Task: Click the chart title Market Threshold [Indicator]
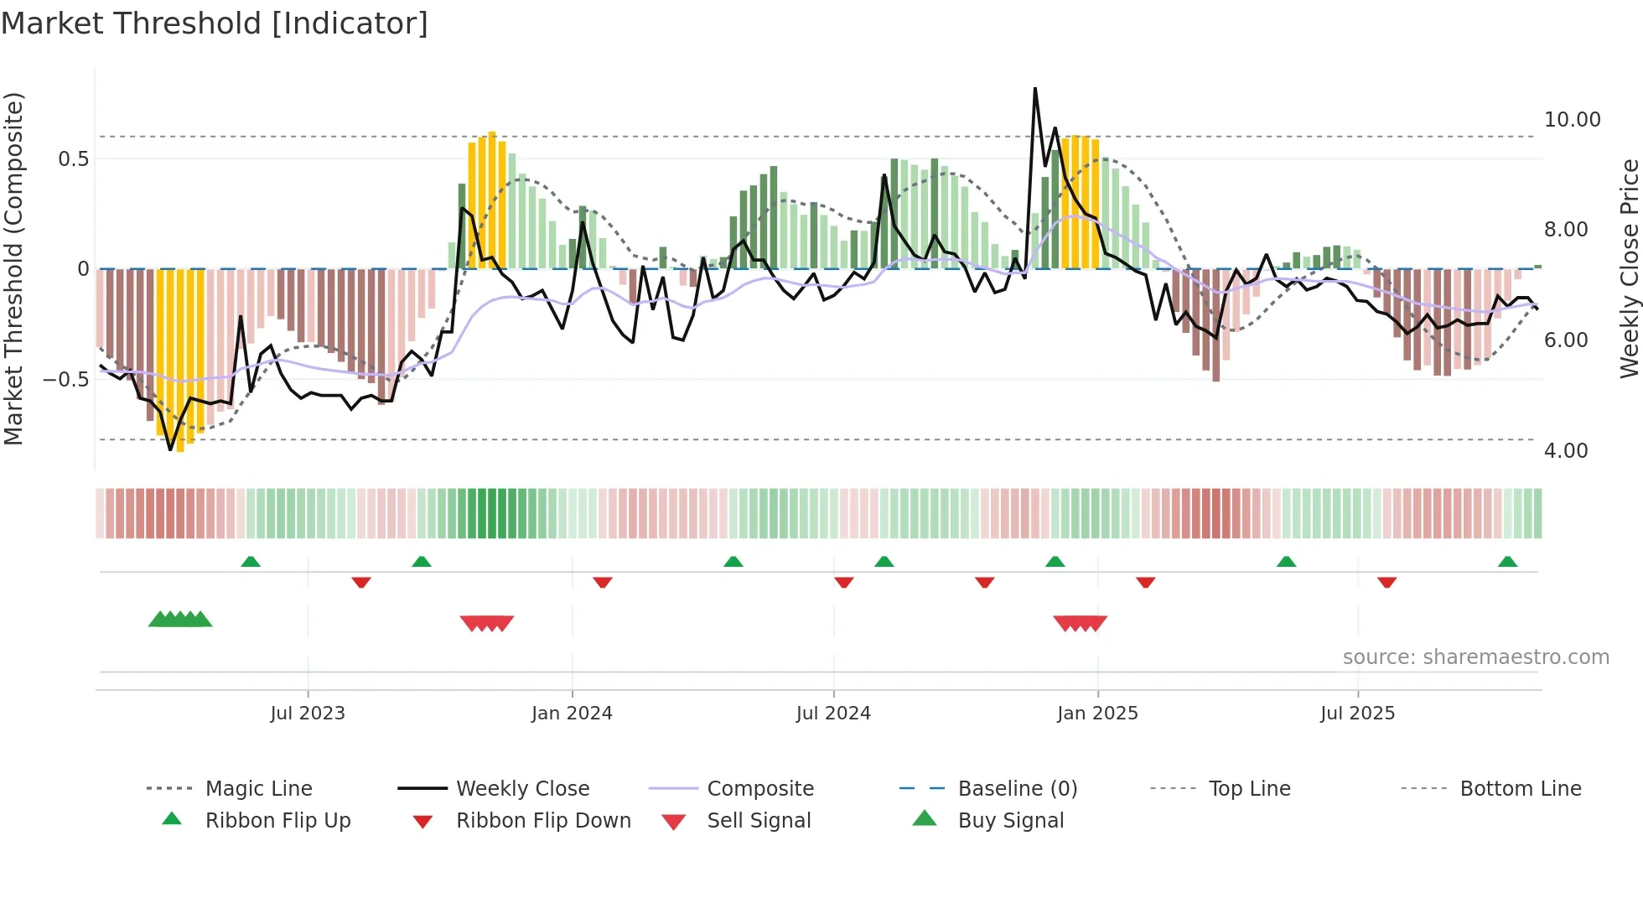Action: click(x=215, y=23)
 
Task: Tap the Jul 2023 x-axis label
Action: click(x=308, y=714)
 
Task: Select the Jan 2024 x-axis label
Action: click(x=572, y=714)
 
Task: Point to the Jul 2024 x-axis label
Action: click(x=833, y=714)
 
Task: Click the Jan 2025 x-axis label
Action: click(x=1097, y=714)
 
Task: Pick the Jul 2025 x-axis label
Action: click(x=1357, y=714)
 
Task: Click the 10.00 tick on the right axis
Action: click(x=1572, y=120)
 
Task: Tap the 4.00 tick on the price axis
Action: click(x=1566, y=451)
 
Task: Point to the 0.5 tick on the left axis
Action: click(x=73, y=159)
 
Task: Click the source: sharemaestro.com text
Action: click(x=1475, y=657)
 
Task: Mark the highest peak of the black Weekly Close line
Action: click(x=1035, y=88)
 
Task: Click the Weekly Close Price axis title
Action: click(x=1629, y=268)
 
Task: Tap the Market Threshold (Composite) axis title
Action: click(x=13, y=268)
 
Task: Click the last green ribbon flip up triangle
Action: click(x=1507, y=562)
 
